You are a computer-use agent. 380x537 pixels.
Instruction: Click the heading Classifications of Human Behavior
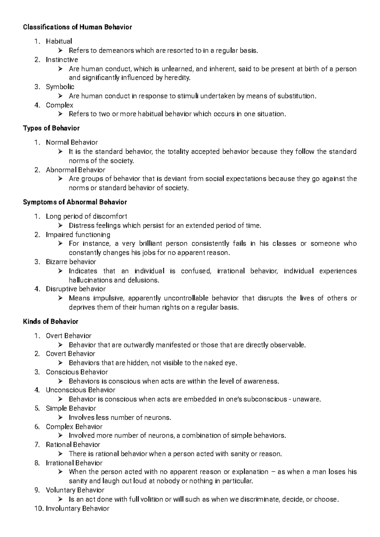(x=77, y=27)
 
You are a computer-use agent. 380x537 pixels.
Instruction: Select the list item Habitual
(x=59, y=41)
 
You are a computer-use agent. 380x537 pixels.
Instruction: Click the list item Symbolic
(x=60, y=87)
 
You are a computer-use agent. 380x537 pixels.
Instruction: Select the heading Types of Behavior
(x=51, y=128)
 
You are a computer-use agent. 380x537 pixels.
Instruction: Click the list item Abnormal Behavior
(x=75, y=170)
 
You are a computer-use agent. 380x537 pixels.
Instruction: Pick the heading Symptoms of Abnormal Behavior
(x=75, y=202)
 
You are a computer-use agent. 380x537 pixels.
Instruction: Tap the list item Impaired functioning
(x=78, y=235)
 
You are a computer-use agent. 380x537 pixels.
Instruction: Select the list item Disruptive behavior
(x=76, y=289)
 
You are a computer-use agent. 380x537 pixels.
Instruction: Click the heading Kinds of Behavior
(x=51, y=322)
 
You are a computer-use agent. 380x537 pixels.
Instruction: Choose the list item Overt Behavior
(x=68, y=336)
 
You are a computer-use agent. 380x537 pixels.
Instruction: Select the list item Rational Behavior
(x=73, y=445)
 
